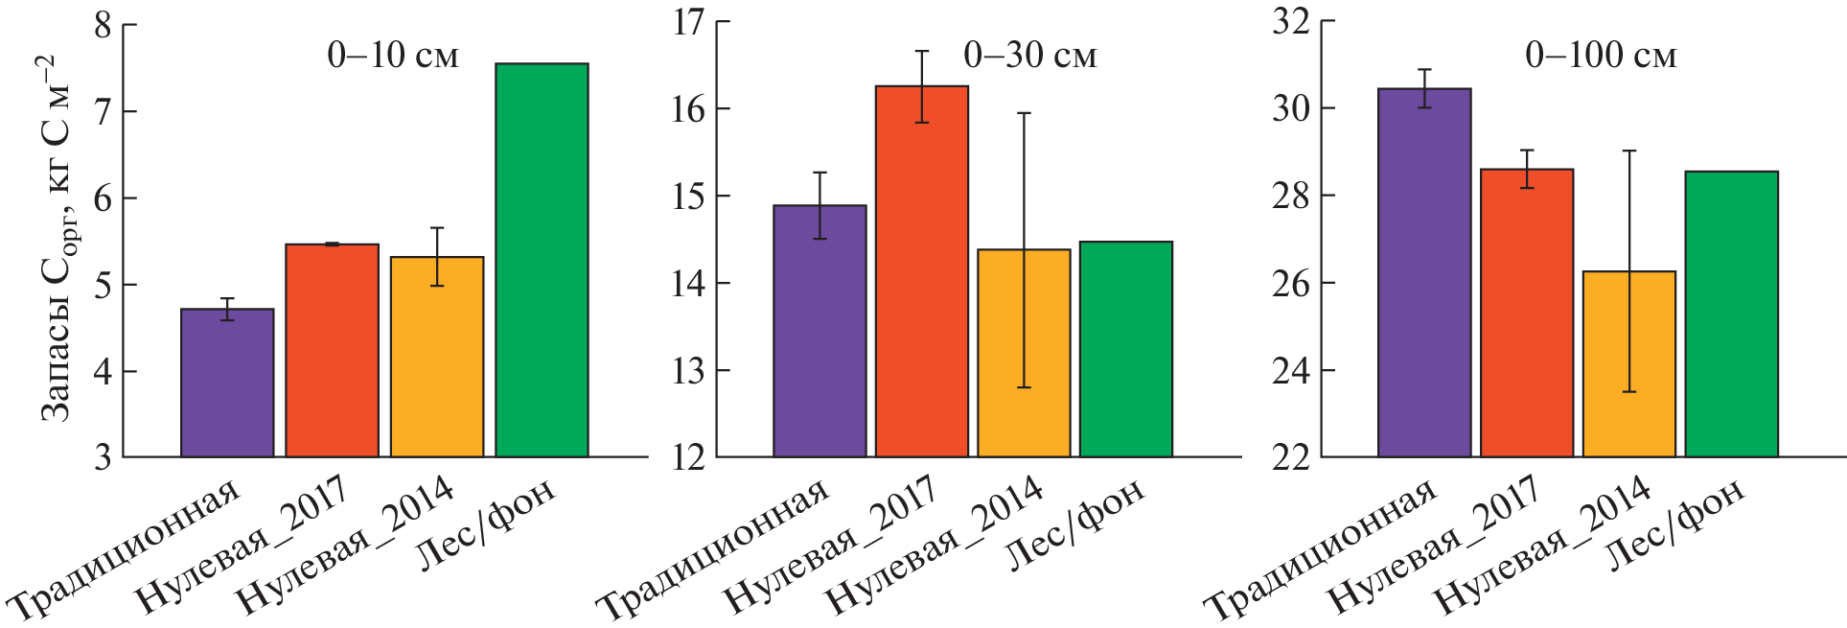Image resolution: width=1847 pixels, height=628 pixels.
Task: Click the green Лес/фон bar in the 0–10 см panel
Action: (x=542, y=260)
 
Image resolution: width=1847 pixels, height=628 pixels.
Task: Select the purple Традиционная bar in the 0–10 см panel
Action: (x=227, y=383)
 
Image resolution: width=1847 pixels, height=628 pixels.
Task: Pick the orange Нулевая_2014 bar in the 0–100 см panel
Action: (x=1628, y=364)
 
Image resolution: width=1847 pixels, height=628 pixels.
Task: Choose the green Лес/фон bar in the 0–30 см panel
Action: (x=1125, y=349)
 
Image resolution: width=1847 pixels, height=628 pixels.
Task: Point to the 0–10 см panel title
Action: (x=393, y=56)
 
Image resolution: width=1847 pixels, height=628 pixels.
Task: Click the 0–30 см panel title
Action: (x=1029, y=56)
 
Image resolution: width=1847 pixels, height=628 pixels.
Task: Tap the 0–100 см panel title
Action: (x=1601, y=56)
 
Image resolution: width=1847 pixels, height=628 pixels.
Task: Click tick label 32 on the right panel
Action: (x=1290, y=22)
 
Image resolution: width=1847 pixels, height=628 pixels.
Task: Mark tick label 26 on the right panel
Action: (x=1290, y=284)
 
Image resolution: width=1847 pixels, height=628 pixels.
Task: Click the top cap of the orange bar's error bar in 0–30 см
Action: (x=1024, y=113)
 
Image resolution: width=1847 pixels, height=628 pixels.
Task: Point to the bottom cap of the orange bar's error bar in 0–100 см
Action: (x=1628, y=392)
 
